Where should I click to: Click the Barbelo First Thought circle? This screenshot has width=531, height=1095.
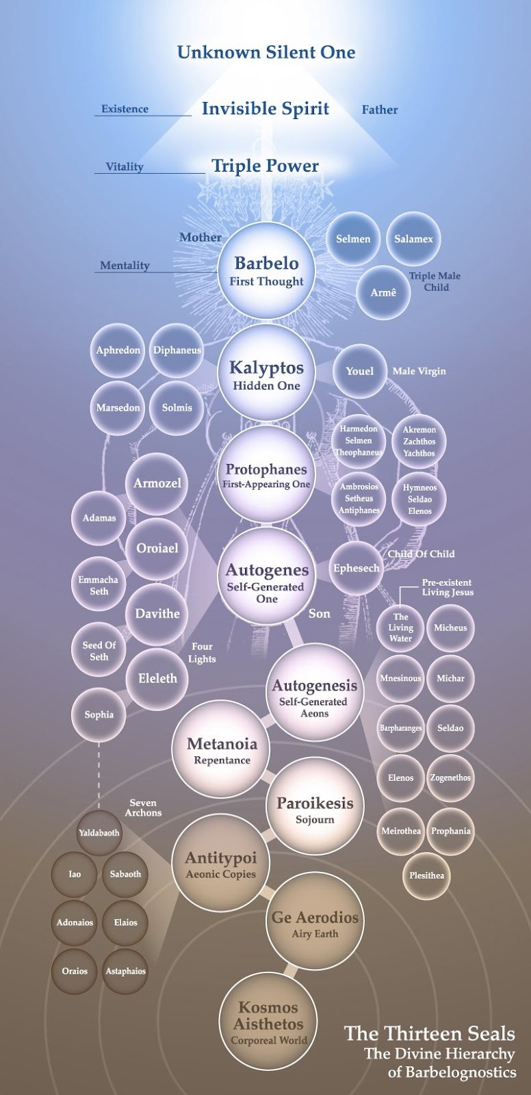point(266,271)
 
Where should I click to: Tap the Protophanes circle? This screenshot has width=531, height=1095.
point(266,475)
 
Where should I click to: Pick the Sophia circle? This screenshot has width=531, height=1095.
point(99,714)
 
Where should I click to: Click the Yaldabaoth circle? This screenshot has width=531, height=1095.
point(99,833)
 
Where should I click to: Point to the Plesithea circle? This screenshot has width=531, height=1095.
point(427,875)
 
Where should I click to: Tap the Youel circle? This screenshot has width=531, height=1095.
point(359,371)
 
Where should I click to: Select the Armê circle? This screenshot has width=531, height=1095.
point(383,292)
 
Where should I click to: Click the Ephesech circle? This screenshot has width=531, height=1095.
point(356,568)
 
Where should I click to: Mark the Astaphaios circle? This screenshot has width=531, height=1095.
point(125,970)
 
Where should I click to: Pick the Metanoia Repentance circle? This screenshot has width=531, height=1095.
point(222,750)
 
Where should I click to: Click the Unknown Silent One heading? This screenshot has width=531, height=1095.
point(266,52)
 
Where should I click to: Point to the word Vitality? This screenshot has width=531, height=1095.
point(125,166)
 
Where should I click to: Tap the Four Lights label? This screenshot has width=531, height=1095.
point(202,652)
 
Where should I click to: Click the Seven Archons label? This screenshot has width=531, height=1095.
point(143,808)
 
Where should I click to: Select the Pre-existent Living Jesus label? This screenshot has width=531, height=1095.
point(447,587)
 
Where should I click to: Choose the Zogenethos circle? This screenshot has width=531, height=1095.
point(450,777)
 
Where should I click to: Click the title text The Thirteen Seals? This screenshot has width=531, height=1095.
point(429,1033)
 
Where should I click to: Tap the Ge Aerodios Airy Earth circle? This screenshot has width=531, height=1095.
point(315,923)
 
